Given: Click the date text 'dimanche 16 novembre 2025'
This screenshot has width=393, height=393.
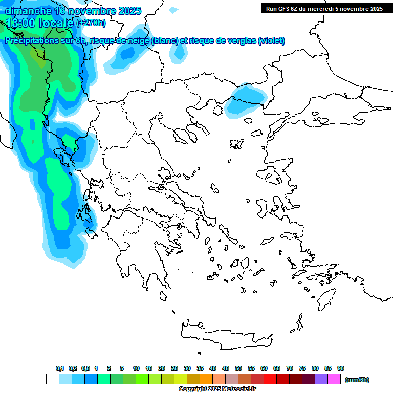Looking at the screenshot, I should pos(73,11).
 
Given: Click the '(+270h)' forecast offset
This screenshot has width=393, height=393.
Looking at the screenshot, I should pos(91,23).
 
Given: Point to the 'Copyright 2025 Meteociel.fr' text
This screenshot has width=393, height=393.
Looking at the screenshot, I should pos(217,389).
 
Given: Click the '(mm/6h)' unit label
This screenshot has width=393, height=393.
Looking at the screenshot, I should pos(357,380).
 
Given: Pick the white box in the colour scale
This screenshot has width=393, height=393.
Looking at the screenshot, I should pos(52,379).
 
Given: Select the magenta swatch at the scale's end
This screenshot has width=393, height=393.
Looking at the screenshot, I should pos(334,379).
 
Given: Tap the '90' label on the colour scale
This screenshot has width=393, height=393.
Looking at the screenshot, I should pos(341,368).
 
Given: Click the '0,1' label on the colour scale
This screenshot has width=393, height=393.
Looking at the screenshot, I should pos(59,368).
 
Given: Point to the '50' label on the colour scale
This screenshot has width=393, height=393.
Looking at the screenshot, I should pos(238,368).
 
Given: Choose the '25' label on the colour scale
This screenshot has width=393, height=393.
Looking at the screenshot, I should pos(174,368).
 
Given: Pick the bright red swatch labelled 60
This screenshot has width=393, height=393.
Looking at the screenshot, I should pos(270,379).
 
